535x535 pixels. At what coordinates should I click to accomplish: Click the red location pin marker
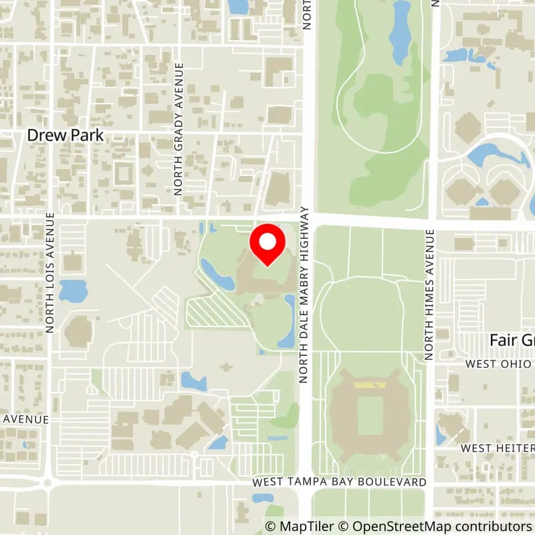[267, 245]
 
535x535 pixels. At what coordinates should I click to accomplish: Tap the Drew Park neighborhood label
[66, 135]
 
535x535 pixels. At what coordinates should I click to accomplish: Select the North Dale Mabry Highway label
[304, 294]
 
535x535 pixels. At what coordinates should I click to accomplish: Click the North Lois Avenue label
[50, 272]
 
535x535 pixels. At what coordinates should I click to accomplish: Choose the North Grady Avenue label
[179, 128]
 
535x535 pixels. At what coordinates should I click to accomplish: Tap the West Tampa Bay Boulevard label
[339, 482]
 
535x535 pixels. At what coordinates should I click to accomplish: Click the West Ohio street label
[499, 364]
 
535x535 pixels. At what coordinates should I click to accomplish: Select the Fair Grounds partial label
[512, 340]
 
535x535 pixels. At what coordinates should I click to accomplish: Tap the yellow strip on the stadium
[370, 385]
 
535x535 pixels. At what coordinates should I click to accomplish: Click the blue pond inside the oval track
[401, 33]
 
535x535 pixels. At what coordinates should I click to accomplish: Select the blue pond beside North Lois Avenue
[73, 291]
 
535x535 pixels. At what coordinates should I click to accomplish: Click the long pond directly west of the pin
[217, 274]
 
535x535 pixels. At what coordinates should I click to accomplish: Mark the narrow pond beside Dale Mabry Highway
[288, 321]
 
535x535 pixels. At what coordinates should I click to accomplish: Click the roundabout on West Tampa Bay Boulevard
[47, 482]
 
